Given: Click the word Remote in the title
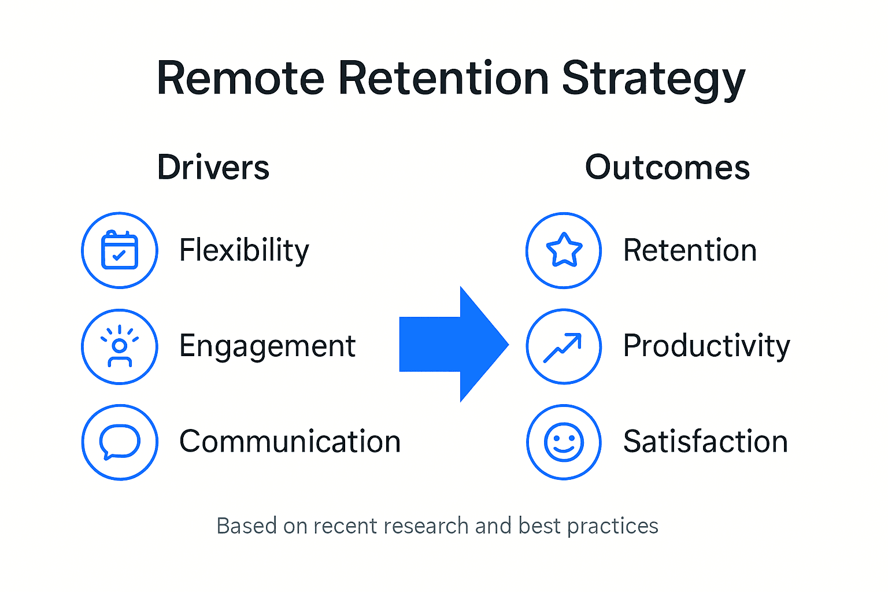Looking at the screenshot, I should tap(240, 79).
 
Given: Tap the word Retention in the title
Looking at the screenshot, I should tap(443, 79).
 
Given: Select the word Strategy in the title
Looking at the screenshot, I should tap(653, 79).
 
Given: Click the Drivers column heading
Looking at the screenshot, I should tap(213, 168).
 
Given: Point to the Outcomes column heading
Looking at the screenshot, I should tap(667, 168).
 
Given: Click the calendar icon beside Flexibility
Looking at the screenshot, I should tap(120, 250).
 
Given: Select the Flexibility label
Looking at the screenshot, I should tap(244, 250).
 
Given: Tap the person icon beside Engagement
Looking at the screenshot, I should tap(120, 346).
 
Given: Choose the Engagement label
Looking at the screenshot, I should tap(267, 346).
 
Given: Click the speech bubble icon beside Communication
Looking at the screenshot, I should tap(120, 442).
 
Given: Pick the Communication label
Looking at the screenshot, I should tap(290, 442).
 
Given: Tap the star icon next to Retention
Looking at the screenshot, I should tap(564, 250).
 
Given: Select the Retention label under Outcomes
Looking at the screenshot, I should tap(690, 250).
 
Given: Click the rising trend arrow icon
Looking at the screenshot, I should tap(564, 346).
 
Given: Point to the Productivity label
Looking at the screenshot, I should tap(706, 346).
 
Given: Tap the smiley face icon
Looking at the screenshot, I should tap(564, 442).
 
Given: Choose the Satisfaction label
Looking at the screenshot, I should tap(705, 442).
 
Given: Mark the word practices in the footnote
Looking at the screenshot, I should tap(612, 526).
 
